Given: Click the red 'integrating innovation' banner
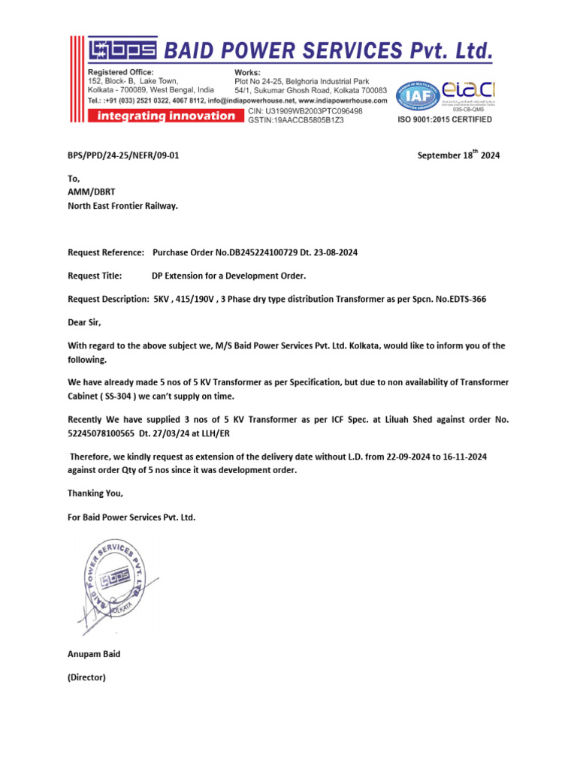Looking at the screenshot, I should pos(163,116).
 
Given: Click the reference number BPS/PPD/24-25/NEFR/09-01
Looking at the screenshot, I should pos(123,155).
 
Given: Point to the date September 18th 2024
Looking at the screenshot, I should pos(458,155).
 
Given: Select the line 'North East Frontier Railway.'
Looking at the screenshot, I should pos(123,205).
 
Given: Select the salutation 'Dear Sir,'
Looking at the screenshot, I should pos(84,322).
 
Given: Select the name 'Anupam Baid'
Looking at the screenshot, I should pos(94,654).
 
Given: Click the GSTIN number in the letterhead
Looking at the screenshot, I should pos(296,120).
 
